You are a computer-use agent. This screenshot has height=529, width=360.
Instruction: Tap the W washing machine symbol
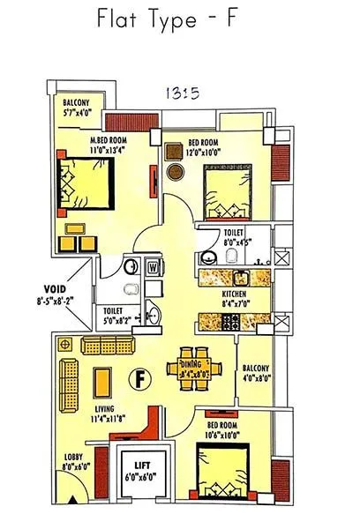[x=153, y=266]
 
